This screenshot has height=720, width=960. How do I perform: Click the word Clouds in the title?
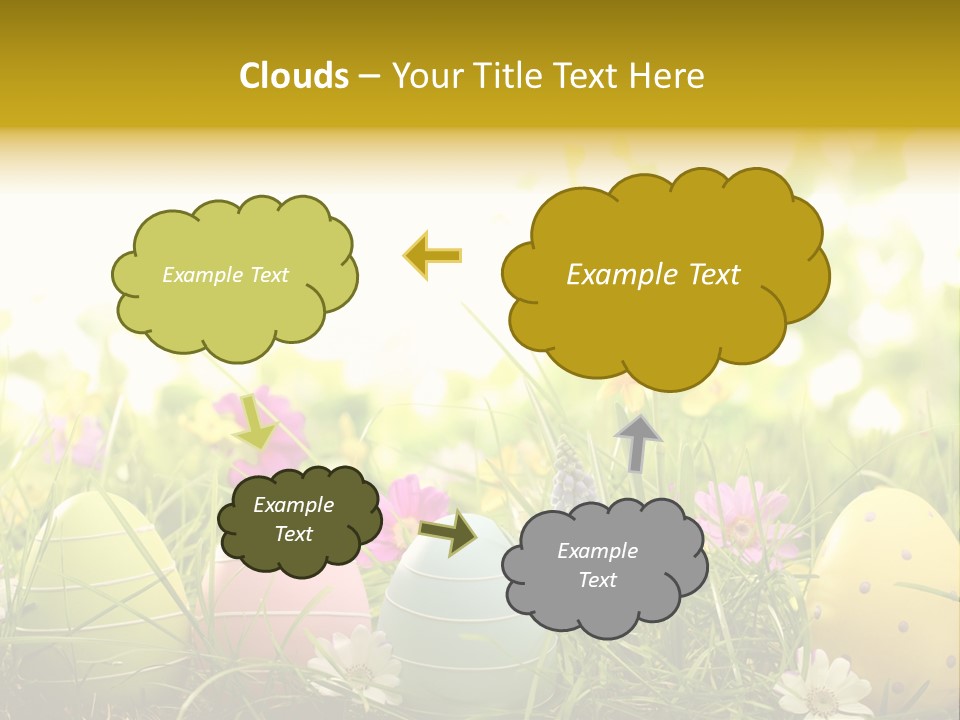click(x=293, y=76)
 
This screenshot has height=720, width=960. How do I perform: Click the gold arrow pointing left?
click(x=433, y=256)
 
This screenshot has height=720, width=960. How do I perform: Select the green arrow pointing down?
click(x=254, y=424)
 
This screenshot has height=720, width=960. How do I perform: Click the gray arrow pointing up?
click(x=638, y=442)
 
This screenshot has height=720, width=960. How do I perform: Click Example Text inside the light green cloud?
click(x=225, y=275)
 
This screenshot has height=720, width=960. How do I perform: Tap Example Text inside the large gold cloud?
click(x=653, y=275)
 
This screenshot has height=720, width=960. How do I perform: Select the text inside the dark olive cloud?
click(x=293, y=520)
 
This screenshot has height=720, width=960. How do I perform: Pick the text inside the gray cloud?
click(x=597, y=565)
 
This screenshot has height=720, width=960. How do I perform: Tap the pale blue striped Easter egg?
click(x=450, y=610)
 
